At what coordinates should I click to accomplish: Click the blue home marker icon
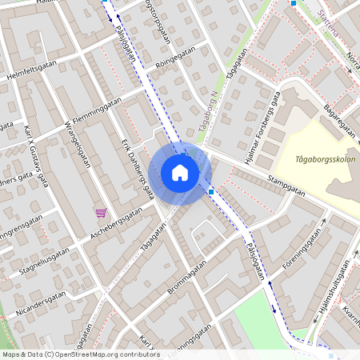pos(180,173)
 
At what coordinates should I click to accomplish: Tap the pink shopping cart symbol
pos(101,212)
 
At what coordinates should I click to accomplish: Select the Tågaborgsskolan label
pos(325,158)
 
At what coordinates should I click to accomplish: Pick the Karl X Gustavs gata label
pos(36,155)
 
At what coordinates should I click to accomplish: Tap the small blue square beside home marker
pos(211,192)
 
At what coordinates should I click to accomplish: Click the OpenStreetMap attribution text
pos(80,354)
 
